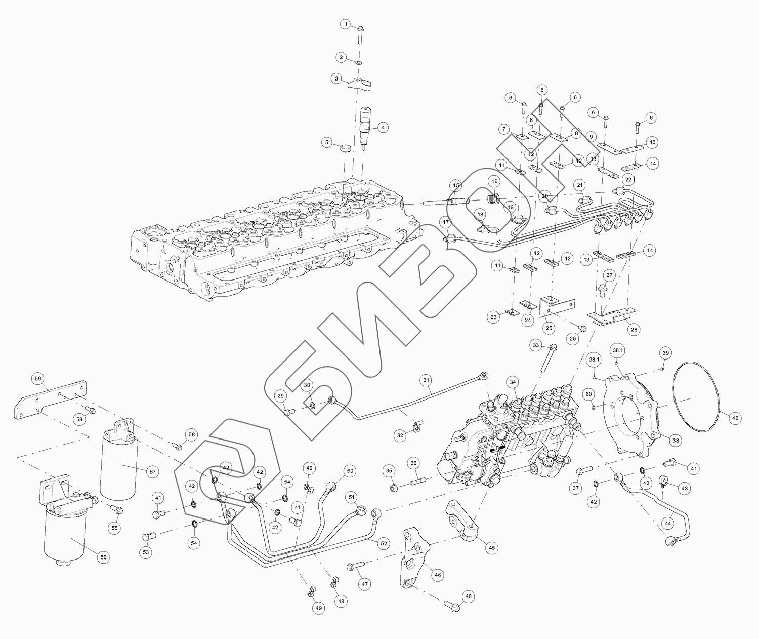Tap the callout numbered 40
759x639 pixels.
[x=735, y=418]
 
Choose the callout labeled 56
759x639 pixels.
[x=103, y=557]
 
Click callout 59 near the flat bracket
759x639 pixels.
[x=37, y=378]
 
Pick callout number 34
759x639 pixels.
[x=513, y=382]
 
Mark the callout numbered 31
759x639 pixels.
[x=426, y=380]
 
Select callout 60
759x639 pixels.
[x=588, y=393]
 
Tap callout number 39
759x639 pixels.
[x=666, y=353]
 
